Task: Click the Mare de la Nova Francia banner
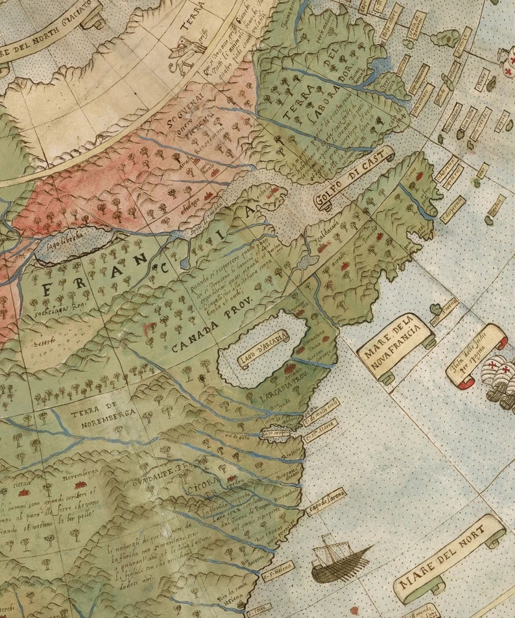tap(395, 348)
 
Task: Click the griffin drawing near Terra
tap(187, 48)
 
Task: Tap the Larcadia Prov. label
tap(280, 393)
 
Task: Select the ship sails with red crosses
tap(499, 376)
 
